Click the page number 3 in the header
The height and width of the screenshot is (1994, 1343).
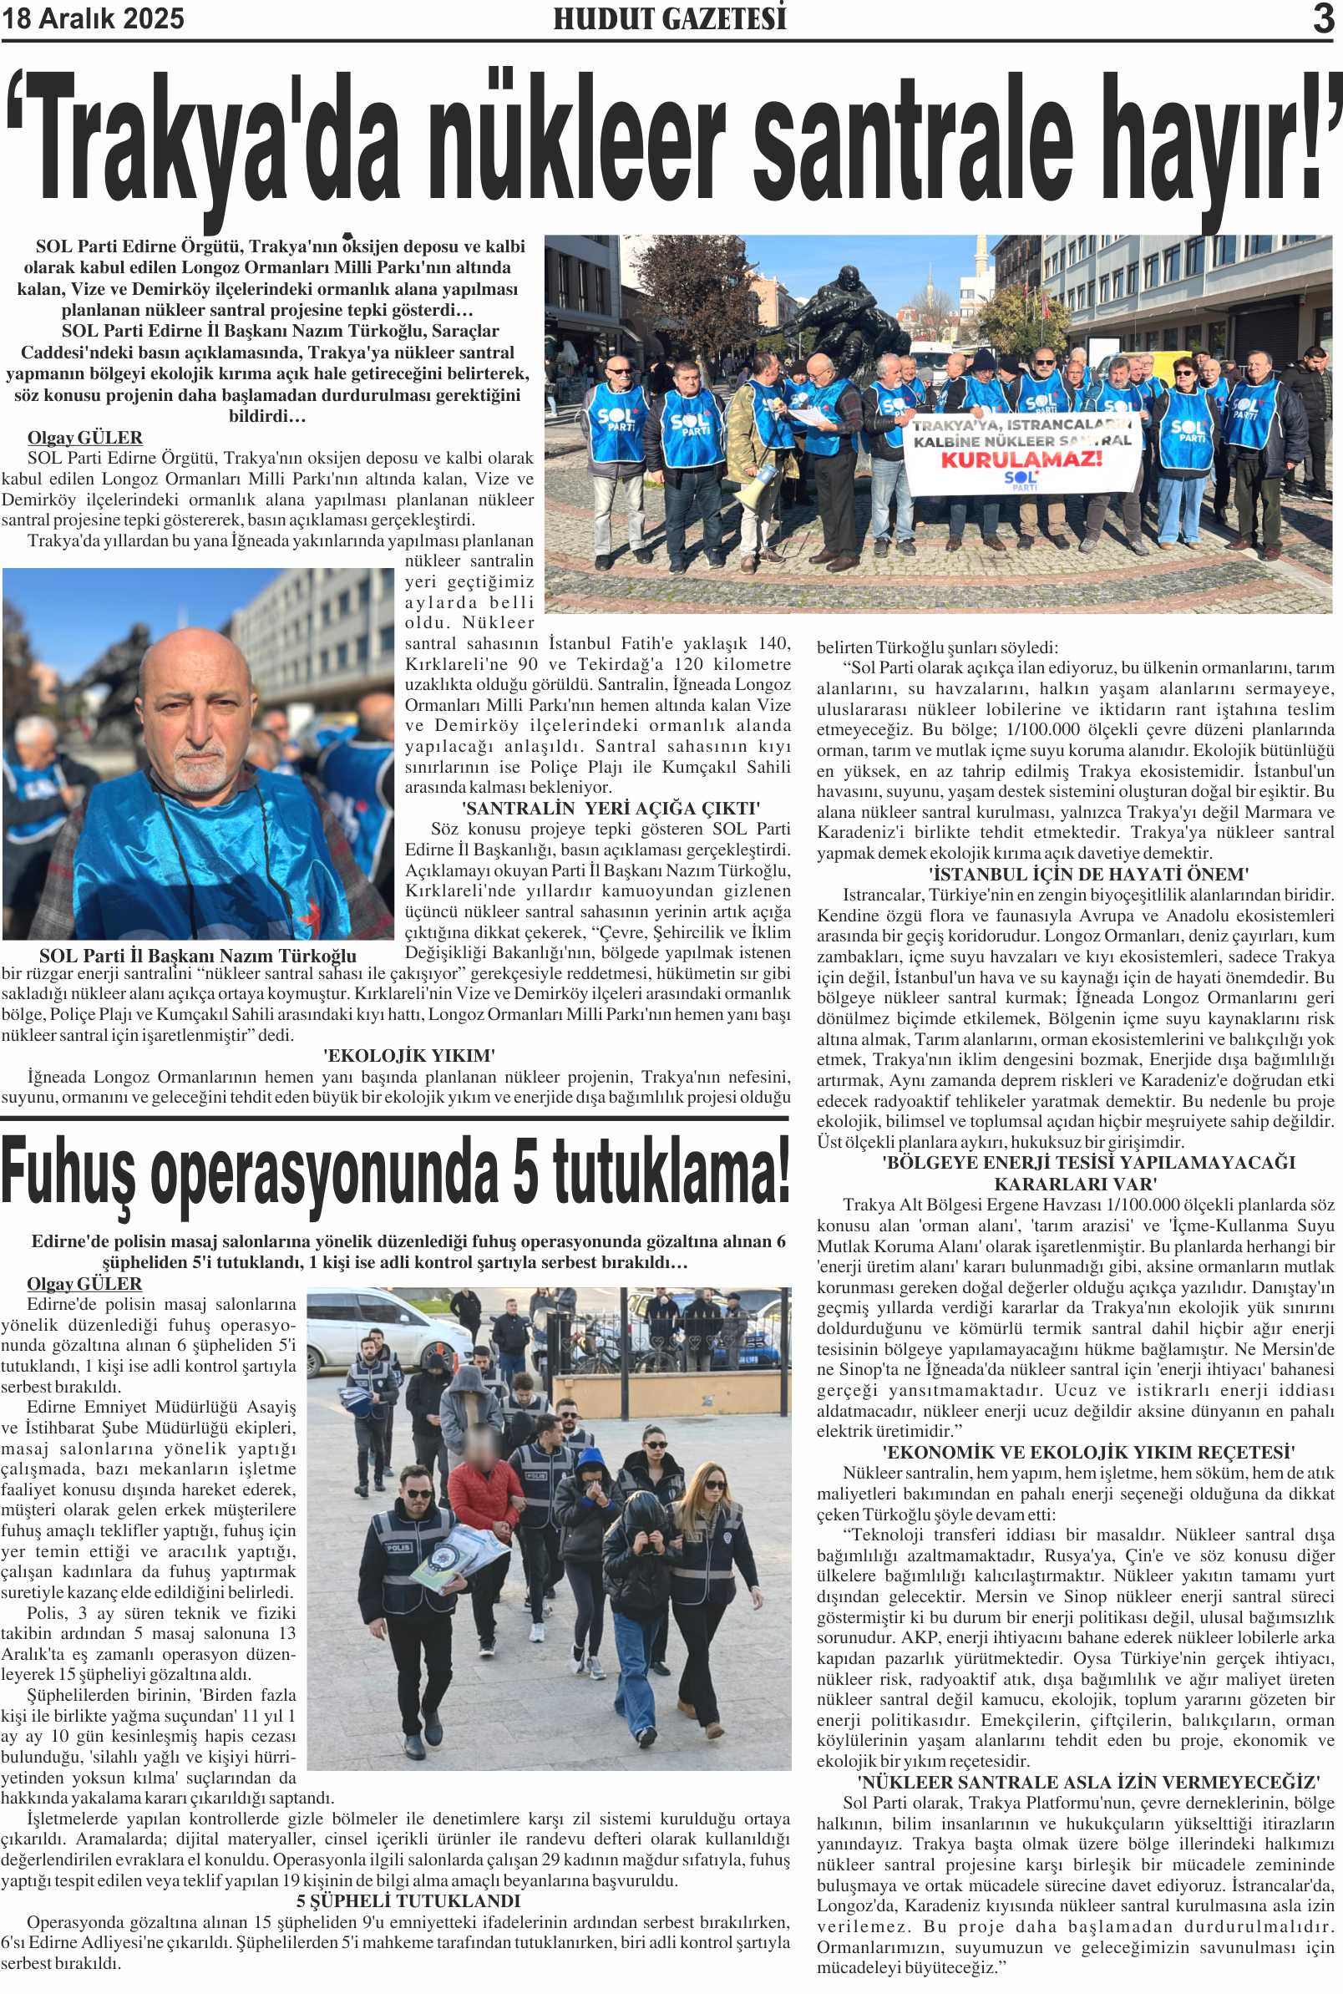coord(1323,19)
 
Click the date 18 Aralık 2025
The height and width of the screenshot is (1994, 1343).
coord(93,19)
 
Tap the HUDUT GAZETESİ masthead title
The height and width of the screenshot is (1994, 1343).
coord(669,19)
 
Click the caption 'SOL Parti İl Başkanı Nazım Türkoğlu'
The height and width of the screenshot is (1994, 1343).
coord(198,956)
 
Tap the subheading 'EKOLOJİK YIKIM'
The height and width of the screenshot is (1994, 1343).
coord(408,1055)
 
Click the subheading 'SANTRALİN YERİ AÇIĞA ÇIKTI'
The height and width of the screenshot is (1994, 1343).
coord(610,808)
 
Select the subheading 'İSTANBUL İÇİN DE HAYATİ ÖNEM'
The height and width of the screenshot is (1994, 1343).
coord(1087,874)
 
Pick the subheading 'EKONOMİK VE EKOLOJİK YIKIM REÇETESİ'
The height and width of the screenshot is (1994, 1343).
coord(1087,1452)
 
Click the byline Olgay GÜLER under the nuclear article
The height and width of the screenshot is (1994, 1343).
coord(85,438)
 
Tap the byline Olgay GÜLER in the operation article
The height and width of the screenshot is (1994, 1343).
coord(85,1283)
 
